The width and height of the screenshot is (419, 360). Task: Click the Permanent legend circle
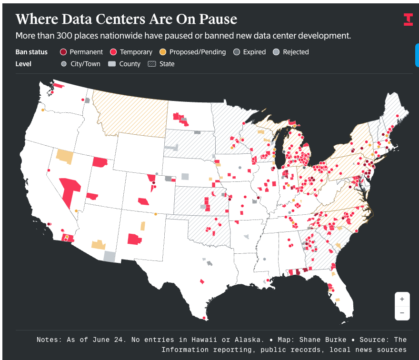pyautogui.click(x=63, y=52)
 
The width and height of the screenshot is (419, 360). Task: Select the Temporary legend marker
pyautogui.click(x=113, y=52)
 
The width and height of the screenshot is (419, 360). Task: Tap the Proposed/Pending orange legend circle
pyautogui.click(x=163, y=52)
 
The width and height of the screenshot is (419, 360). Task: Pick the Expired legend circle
pyautogui.click(x=237, y=52)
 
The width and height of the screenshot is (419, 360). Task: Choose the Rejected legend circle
pyautogui.click(x=276, y=52)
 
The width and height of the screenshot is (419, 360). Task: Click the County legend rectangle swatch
pyautogui.click(x=112, y=64)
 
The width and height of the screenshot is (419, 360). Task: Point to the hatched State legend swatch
pyautogui.click(x=152, y=64)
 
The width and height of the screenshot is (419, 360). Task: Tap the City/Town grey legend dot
pyautogui.click(x=64, y=64)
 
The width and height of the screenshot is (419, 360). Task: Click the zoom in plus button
pyautogui.click(x=402, y=299)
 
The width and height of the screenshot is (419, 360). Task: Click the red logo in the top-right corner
pyautogui.click(x=409, y=20)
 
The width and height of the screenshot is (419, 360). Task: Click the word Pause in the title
pyautogui.click(x=218, y=19)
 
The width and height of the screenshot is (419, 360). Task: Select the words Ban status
pyautogui.click(x=31, y=52)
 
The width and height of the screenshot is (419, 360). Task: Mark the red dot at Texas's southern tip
pyautogui.click(x=204, y=318)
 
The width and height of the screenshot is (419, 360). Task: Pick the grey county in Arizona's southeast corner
pyautogui.click(x=110, y=257)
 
